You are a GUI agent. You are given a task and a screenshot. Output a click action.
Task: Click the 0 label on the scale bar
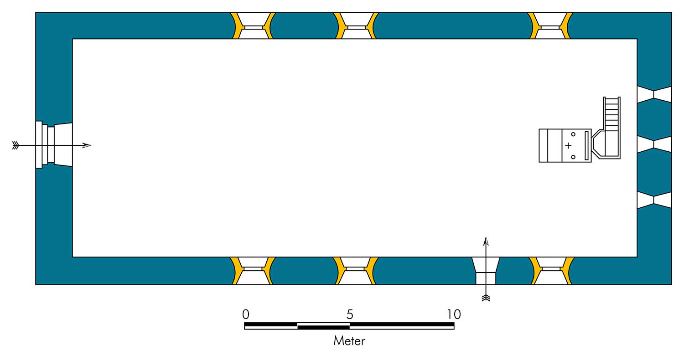pyautogui.click(x=246, y=314)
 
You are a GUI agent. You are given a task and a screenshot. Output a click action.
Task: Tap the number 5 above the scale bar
pyautogui.click(x=350, y=314)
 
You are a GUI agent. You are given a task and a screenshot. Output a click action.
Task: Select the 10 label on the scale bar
pyautogui.click(x=454, y=314)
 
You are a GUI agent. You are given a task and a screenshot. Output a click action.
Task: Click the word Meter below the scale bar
pyautogui.click(x=349, y=340)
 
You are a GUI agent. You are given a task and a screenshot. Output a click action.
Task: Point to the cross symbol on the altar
pyautogui.click(x=568, y=146)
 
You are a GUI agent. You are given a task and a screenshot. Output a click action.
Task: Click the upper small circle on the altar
pyautogui.click(x=573, y=134)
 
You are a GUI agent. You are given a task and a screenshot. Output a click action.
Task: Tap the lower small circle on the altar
pyautogui.click(x=573, y=157)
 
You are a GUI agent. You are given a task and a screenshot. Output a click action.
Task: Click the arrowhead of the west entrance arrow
pyautogui.click(x=87, y=145)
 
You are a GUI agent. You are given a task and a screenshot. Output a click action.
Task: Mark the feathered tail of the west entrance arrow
pyautogui.click(x=16, y=145)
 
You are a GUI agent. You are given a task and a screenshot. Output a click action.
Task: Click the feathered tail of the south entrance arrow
pyautogui.click(x=486, y=298)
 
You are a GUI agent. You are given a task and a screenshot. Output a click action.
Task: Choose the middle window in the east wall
pyautogui.click(x=654, y=144)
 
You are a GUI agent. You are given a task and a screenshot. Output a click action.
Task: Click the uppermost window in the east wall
pyautogui.click(x=654, y=94)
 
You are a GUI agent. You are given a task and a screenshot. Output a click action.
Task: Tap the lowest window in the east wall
pyautogui.click(x=654, y=200)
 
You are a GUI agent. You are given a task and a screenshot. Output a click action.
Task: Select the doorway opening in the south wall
pyautogui.click(x=486, y=272)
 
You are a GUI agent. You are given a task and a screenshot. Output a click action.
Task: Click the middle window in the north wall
pyautogui.click(x=356, y=26)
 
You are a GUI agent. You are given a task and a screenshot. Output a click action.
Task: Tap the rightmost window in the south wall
pyautogui.click(x=551, y=271)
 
